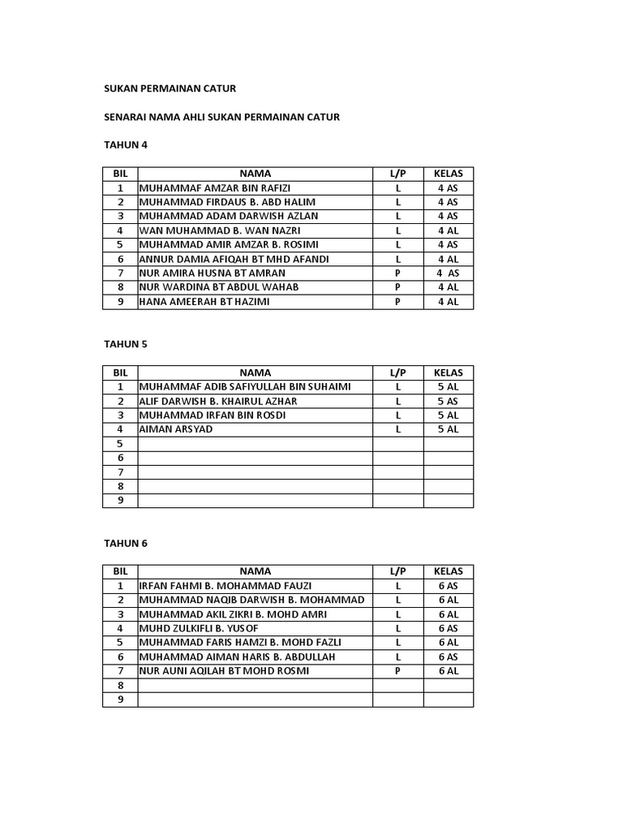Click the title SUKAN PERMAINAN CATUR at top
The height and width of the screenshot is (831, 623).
point(170,88)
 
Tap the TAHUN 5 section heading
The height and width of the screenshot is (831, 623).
point(126,343)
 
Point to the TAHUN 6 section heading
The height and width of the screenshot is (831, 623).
point(126,543)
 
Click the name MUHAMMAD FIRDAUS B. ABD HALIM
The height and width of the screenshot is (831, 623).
point(228,202)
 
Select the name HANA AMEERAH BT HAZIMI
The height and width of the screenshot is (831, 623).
point(204,302)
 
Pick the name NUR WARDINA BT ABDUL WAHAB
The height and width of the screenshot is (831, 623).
point(219,287)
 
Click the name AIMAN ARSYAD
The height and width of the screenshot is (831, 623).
point(176,429)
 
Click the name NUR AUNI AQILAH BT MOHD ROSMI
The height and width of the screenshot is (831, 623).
point(225,671)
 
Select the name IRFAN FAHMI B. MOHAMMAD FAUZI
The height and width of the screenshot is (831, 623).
point(226,586)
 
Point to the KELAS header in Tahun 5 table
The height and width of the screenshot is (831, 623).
point(448,372)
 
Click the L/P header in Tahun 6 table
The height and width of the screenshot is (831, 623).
point(397,571)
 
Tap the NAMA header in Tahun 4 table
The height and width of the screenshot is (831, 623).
point(255,173)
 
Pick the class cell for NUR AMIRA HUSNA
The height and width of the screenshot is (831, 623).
point(448,273)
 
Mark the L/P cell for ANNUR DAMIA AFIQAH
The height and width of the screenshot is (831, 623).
point(397,259)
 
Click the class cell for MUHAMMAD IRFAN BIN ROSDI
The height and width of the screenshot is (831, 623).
point(448,415)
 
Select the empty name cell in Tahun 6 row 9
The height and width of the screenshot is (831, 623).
point(255,700)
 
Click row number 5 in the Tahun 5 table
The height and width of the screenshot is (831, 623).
point(120,444)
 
